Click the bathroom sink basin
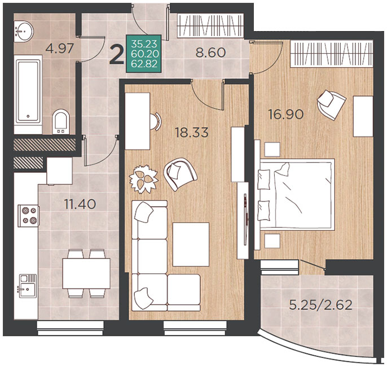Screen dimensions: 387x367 [x=24, y=31]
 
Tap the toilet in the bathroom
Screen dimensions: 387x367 [x=61, y=121]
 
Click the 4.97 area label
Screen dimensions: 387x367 [x=59, y=48]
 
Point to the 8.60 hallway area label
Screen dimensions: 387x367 [x=210, y=53]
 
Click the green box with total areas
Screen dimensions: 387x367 [x=144, y=54]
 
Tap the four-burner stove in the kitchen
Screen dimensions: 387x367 [x=28, y=216]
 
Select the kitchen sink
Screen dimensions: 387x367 [x=28, y=286]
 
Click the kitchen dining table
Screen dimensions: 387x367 [x=86, y=273]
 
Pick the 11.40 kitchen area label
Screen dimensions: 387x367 [x=80, y=204]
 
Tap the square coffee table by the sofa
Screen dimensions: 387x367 [x=191, y=244]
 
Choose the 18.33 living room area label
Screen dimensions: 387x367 [x=192, y=132]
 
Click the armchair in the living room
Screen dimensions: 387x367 [x=181, y=174]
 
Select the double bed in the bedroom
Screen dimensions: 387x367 [x=296, y=195]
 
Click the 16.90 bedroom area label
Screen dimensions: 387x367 [x=286, y=115]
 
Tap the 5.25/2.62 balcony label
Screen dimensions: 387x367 [x=320, y=305]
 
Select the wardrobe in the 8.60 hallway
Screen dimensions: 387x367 [x=210, y=25]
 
